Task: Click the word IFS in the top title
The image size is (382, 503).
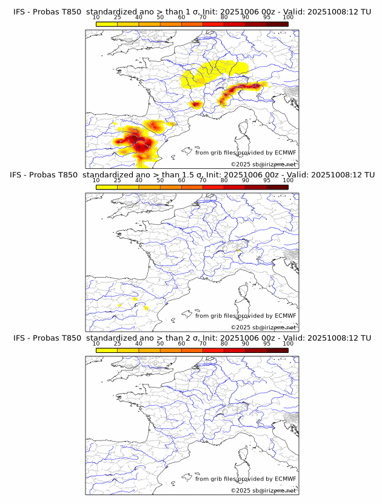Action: point(21,12)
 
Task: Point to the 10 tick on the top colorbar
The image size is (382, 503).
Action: point(96,18)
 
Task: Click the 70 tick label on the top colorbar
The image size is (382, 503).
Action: point(203,18)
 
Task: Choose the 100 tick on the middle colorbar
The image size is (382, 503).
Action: point(287,180)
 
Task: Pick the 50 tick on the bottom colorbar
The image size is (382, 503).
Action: point(160,343)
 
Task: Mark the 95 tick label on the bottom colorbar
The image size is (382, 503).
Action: point(267,343)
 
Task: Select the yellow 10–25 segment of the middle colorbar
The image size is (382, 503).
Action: point(107,187)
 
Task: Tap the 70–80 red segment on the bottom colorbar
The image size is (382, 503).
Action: point(213,350)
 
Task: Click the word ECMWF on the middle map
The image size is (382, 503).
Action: point(285,316)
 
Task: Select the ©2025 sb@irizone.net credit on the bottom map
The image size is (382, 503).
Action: point(263,490)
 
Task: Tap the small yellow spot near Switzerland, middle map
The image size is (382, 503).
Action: point(239,249)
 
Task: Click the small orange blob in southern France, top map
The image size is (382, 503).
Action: point(195,104)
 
